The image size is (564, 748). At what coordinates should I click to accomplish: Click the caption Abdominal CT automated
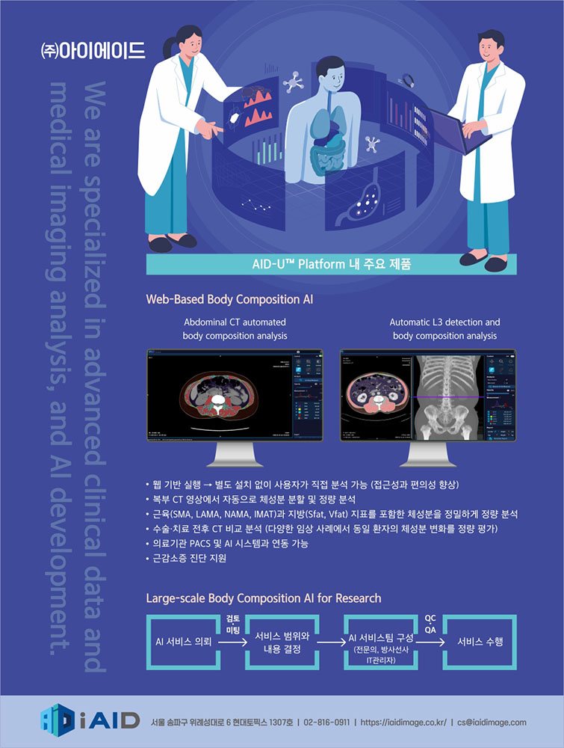(x=235, y=322)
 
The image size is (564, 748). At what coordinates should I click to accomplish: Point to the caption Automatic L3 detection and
(x=444, y=322)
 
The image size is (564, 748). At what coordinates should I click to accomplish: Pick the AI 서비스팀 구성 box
(x=381, y=642)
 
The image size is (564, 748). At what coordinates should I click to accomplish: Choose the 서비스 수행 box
(x=480, y=642)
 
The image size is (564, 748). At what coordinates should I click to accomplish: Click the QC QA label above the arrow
(x=430, y=624)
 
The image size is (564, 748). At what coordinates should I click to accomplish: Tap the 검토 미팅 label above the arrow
(x=232, y=624)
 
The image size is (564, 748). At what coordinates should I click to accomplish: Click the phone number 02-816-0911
(x=326, y=723)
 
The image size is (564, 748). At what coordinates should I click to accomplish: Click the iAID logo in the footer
(x=90, y=720)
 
